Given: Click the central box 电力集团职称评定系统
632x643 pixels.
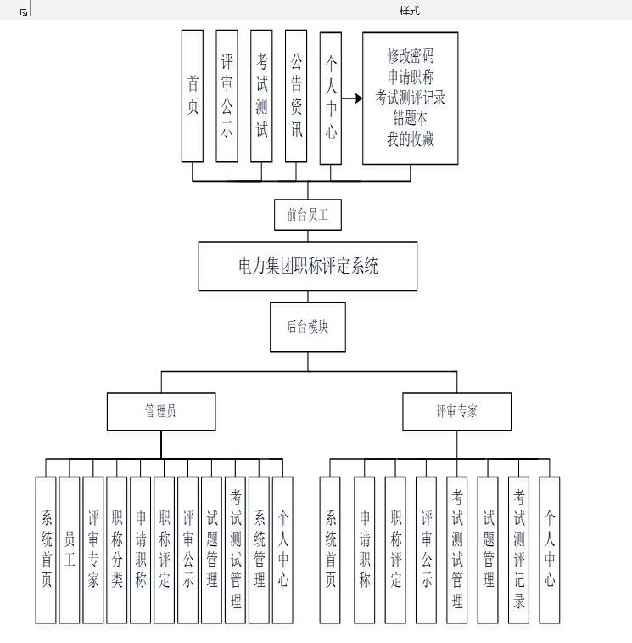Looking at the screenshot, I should (x=308, y=266).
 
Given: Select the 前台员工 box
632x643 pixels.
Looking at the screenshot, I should (x=308, y=215).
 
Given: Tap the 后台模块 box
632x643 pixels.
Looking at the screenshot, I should (x=308, y=326).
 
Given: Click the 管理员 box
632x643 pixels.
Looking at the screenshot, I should (x=160, y=411).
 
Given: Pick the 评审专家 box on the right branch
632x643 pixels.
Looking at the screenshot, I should (x=456, y=411).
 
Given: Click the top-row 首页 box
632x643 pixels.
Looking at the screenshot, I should (x=193, y=95).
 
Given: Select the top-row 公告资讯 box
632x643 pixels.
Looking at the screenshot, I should (x=296, y=95).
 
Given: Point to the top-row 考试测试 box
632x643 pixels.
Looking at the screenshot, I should (x=261, y=95).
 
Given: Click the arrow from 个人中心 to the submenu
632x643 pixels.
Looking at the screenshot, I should (x=350, y=99).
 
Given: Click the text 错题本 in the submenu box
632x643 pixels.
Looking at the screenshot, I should (x=411, y=119).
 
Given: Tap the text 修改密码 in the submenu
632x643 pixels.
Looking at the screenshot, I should (x=411, y=56).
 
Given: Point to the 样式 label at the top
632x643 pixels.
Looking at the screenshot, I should (x=410, y=11).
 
